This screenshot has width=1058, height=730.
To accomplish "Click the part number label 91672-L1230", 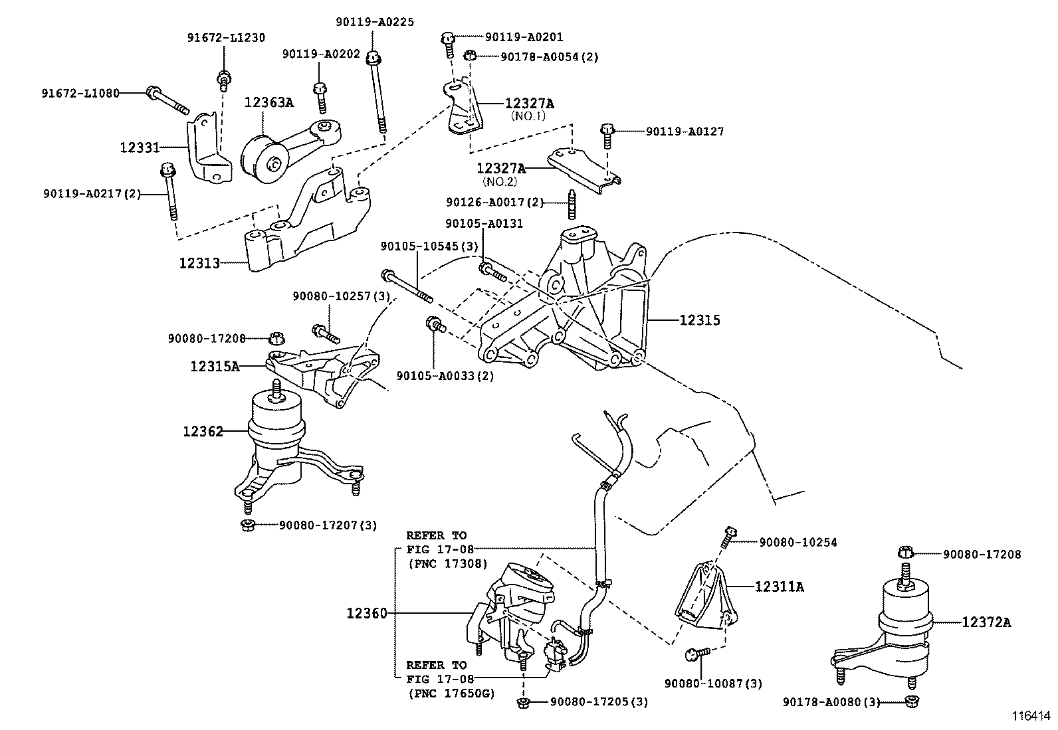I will [x=225, y=38].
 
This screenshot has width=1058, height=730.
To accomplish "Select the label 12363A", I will [x=268, y=102].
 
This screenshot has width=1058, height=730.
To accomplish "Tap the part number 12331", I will [x=140, y=146].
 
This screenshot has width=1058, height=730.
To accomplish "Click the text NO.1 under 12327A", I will [x=528, y=116].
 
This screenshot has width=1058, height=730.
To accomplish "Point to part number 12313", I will [x=199, y=263].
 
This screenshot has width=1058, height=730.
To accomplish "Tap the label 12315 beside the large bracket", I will [x=699, y=320].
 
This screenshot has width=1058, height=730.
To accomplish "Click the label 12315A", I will [x=215, y=365].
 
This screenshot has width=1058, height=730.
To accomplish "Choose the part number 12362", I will [x=203, y=432].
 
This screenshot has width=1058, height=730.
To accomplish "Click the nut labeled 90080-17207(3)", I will [x=245, y=525].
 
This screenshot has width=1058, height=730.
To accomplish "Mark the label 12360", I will [x=366, y=613].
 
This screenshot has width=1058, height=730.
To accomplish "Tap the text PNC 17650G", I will [x=451, y=694].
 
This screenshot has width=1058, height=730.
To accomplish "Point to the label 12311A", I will [x=779, y=587].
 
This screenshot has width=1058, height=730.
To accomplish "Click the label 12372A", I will [x=986, y=622].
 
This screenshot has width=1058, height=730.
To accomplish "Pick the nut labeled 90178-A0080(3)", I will [x=911, y=701].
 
